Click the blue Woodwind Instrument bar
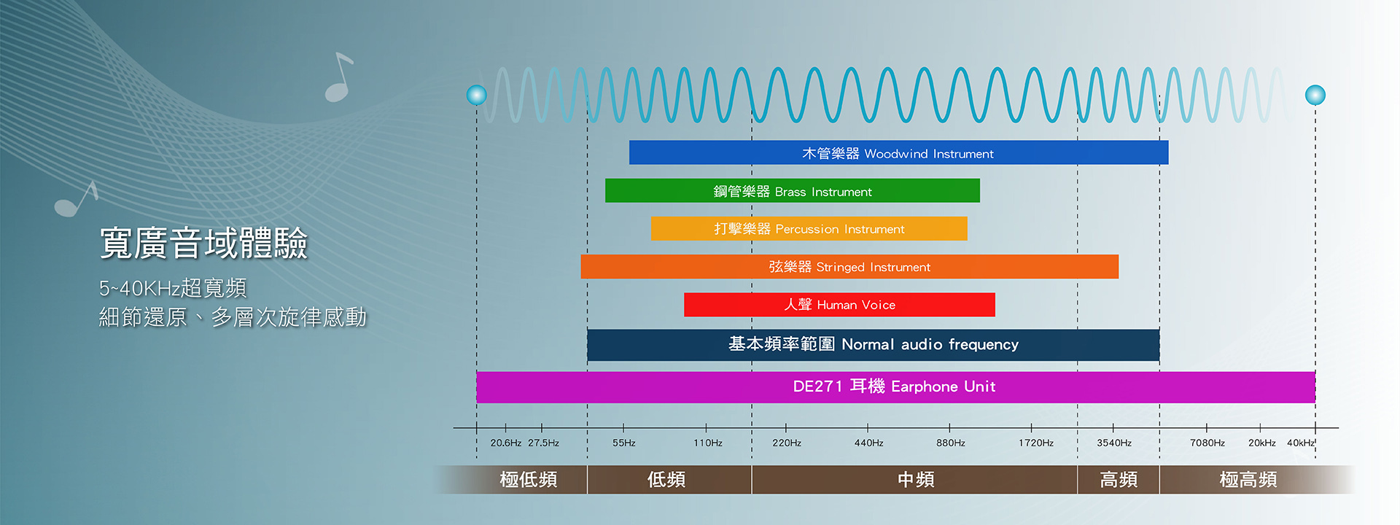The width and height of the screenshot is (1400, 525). tap(898, 152)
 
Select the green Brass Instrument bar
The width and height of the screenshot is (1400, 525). tap(793, 190)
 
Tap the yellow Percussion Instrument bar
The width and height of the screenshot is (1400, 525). tap(809, 228)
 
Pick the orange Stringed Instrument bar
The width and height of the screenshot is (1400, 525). tap(849, 266)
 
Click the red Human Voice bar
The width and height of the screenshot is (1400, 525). tap(839, 304)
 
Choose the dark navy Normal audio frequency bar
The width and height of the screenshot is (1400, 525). tap(874, 345)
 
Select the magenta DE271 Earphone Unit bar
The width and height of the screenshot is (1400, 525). tap(895, 387)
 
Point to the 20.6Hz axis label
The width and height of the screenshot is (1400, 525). tap(506, 443)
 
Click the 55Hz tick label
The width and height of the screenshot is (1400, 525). tap(624, 443)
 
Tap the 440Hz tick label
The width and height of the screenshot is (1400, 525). tap(869, 443)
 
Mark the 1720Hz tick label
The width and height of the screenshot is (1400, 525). tap(1036, 443)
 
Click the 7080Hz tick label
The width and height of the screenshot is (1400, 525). tap(1207, 443)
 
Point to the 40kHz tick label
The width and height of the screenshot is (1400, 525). tap(1301, 443)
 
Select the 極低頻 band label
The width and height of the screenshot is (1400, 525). tap(529, 479)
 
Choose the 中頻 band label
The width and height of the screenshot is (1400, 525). tap(916, 479)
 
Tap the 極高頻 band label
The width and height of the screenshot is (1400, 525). tap(1248, 479)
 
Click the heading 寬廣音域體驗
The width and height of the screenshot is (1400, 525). tap(203, 243)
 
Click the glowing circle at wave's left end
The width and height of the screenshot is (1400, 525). tap(477, 95)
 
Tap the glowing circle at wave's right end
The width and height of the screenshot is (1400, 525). tap(1315, 95)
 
